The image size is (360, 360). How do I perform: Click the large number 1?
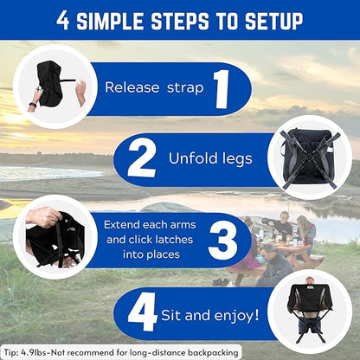[x=222, y=89]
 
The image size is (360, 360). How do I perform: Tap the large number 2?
[x=142, y=158]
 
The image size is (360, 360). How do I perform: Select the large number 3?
[x=223, y=240]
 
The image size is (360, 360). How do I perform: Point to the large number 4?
[x=142, y=312]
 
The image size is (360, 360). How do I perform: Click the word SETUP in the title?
[x=273, y=21]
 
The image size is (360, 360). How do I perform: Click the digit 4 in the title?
[x=62, y=21]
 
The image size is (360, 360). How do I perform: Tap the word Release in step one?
[x=132, y=87]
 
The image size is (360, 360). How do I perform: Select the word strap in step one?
[x=185, y=88]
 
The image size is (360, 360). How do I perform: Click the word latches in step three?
[x=174, y=240]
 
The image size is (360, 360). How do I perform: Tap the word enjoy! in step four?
[x=236, y=316]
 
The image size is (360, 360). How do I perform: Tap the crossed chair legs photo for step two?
[x=310, y=157]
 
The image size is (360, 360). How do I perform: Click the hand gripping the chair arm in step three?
[x=44, y=216]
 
